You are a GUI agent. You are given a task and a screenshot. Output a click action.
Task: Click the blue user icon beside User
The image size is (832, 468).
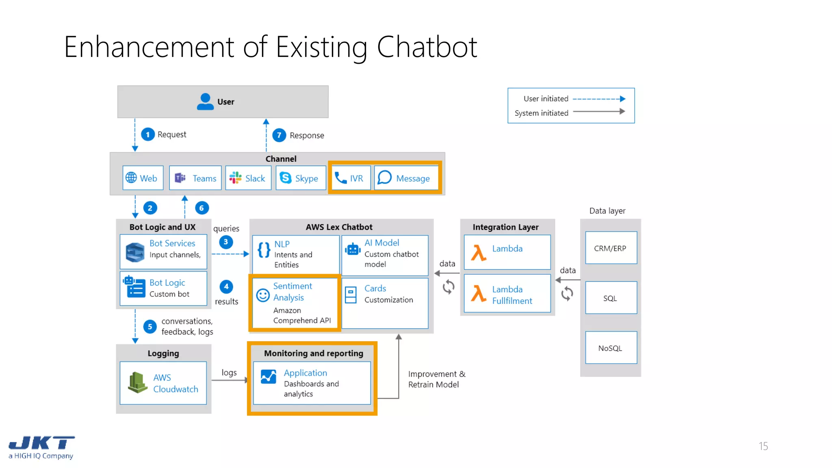205,102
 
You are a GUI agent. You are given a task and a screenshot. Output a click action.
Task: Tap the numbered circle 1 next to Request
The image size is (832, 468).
148,134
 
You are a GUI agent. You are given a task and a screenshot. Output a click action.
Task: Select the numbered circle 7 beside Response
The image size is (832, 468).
279,135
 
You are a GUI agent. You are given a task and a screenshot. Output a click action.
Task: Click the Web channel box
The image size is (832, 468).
143,178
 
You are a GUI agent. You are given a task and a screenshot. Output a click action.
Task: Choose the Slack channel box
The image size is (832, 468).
248,178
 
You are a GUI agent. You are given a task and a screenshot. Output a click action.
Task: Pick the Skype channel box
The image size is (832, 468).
301,178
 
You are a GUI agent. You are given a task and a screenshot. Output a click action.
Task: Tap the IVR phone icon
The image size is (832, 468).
340,178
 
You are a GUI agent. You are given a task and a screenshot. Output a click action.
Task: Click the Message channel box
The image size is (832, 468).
406,178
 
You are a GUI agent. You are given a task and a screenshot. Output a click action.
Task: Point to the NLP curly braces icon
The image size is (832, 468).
264,250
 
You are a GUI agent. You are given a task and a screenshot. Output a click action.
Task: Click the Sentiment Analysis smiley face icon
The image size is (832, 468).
263,295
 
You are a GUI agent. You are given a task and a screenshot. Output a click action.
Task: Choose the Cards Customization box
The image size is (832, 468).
385,303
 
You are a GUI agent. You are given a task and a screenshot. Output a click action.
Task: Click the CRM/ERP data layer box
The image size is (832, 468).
611,248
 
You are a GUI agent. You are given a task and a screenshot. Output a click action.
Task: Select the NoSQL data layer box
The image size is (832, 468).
611,348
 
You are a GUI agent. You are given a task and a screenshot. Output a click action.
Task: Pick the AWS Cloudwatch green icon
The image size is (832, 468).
137,383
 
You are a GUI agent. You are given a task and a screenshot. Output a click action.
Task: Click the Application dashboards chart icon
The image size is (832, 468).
269,377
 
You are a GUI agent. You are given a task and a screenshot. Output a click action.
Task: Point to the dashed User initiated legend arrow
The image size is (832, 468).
599,99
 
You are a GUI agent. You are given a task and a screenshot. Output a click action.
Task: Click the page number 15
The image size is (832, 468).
763,446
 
